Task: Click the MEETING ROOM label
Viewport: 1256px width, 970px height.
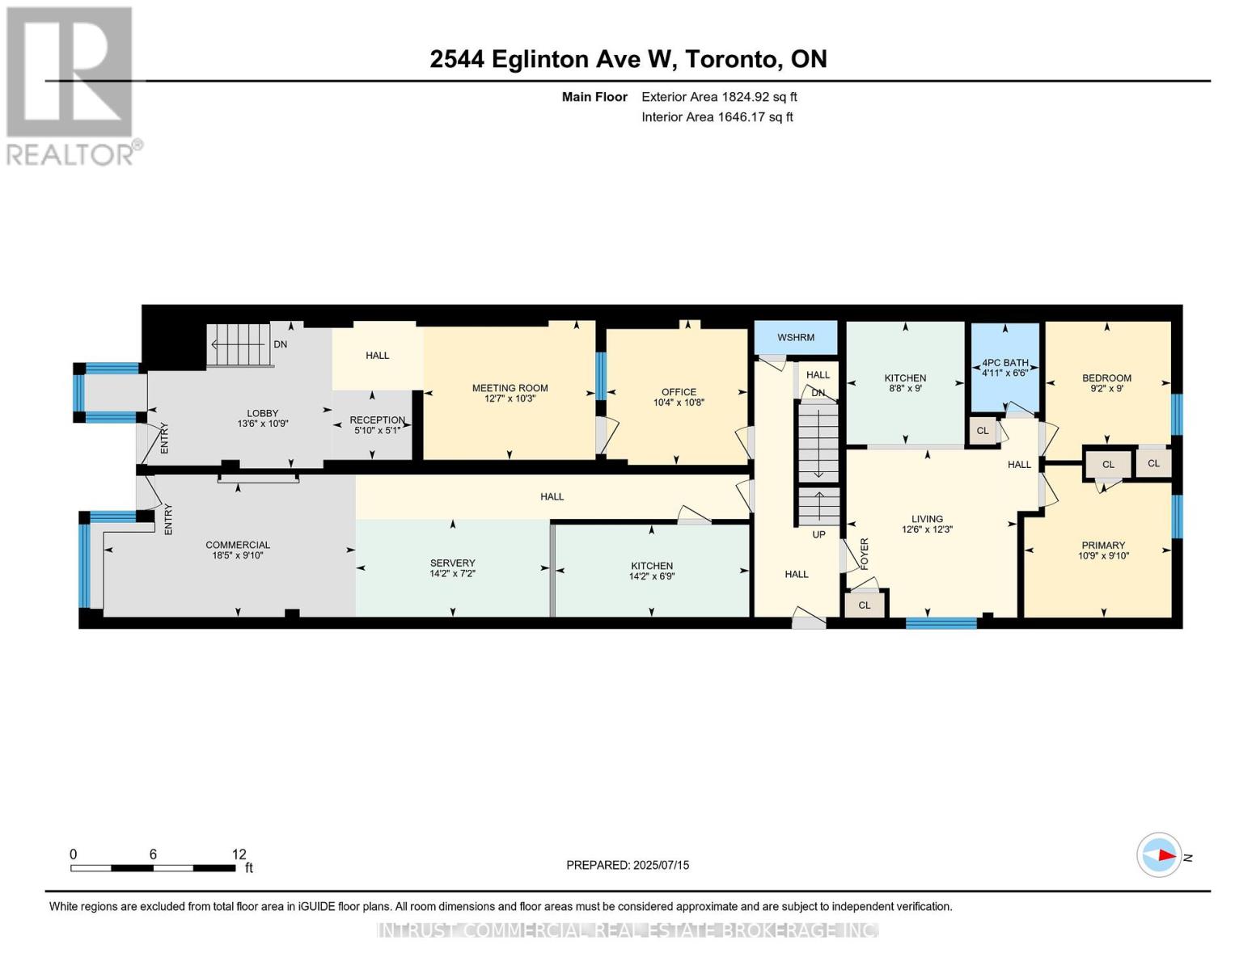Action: tap(510, 388)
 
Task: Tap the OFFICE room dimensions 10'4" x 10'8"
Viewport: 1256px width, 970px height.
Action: tap(679, 402)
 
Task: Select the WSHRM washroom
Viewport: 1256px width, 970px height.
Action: tap(795, 337)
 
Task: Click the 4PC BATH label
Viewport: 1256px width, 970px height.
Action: tap(1005, 362)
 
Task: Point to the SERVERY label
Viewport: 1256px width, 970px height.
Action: tap(453, 563)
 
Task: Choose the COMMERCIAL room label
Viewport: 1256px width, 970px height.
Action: tap(238, 545)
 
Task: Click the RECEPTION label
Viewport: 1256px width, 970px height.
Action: tap(378, 420)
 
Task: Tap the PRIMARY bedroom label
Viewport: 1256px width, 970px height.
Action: tap(1103, 546)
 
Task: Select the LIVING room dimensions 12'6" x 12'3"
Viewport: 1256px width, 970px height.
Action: tap(927, 529)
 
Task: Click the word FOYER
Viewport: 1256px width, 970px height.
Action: tap(865, 554)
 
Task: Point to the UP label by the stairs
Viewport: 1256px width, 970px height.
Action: tap(818, 534)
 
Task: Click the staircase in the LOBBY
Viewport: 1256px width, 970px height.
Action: tap(239, 345)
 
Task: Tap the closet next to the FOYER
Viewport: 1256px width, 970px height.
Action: tap(864, 605)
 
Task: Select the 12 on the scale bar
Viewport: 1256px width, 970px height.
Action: tap(239, 854)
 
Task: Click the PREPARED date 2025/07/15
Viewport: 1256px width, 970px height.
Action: tap(662, 865)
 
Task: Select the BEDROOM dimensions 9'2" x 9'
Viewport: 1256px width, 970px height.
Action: tap(1106, 389)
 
